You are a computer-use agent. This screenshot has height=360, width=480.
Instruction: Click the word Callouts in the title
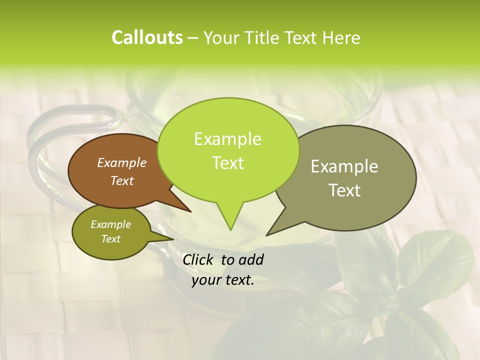tap(147, 37)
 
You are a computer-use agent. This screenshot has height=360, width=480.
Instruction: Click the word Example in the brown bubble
tap(122, 162)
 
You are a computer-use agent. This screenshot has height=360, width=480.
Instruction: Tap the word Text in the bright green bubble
tap(228, 163)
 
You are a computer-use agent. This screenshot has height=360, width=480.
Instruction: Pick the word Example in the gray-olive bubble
tap(344, 166)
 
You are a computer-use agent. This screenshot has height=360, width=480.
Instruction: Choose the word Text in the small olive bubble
tap(111, 239)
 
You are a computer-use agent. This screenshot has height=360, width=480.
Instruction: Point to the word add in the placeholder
tap(251, 259)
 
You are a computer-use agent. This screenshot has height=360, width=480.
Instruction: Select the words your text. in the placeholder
tap(223, 280)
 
